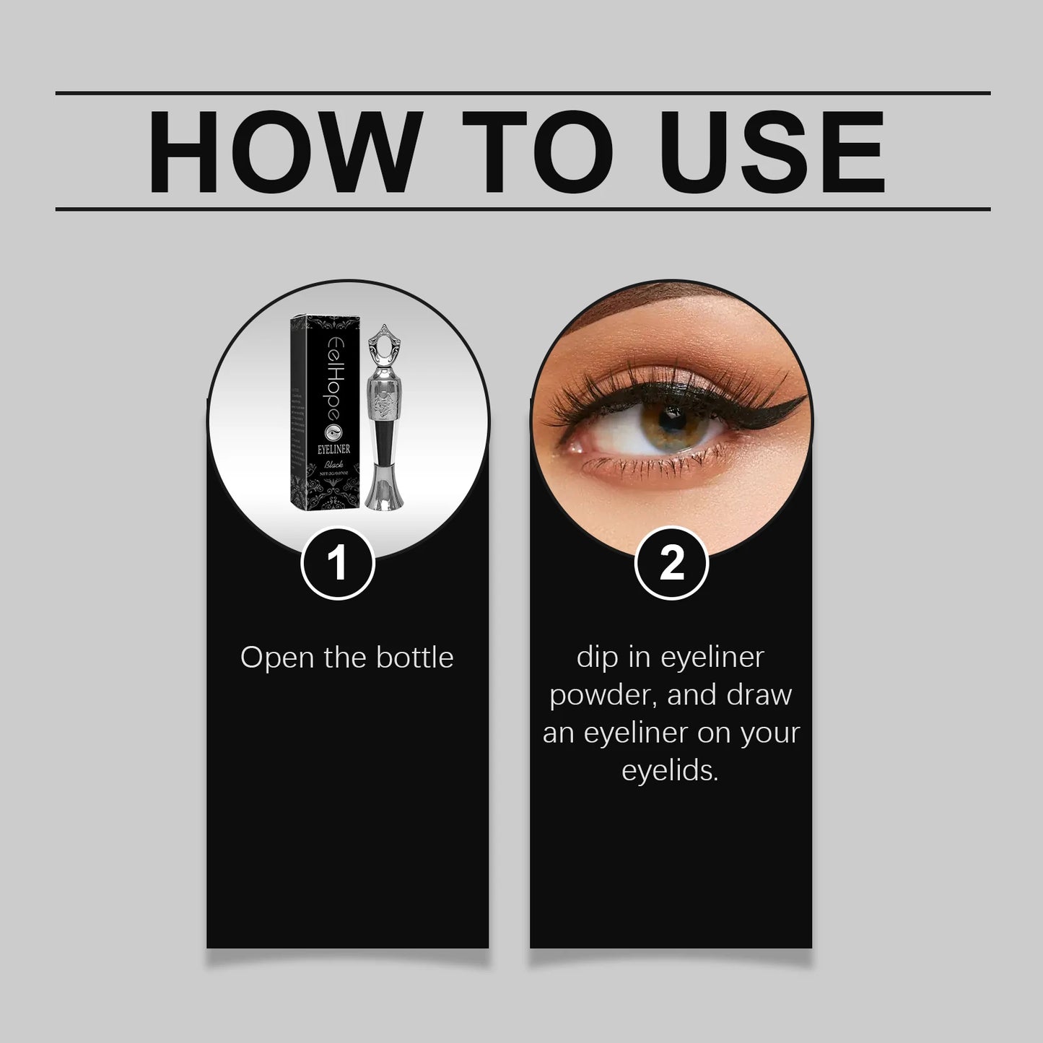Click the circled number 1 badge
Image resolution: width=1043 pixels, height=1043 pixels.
point(338,564)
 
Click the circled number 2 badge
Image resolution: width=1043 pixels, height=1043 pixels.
point(671,564)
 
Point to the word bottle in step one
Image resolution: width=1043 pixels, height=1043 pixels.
point(415,658)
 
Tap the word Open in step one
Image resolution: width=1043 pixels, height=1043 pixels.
point(271,659)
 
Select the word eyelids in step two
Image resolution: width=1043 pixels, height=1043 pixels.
point(670,771)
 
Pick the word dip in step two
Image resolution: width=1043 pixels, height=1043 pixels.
point(593,658)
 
